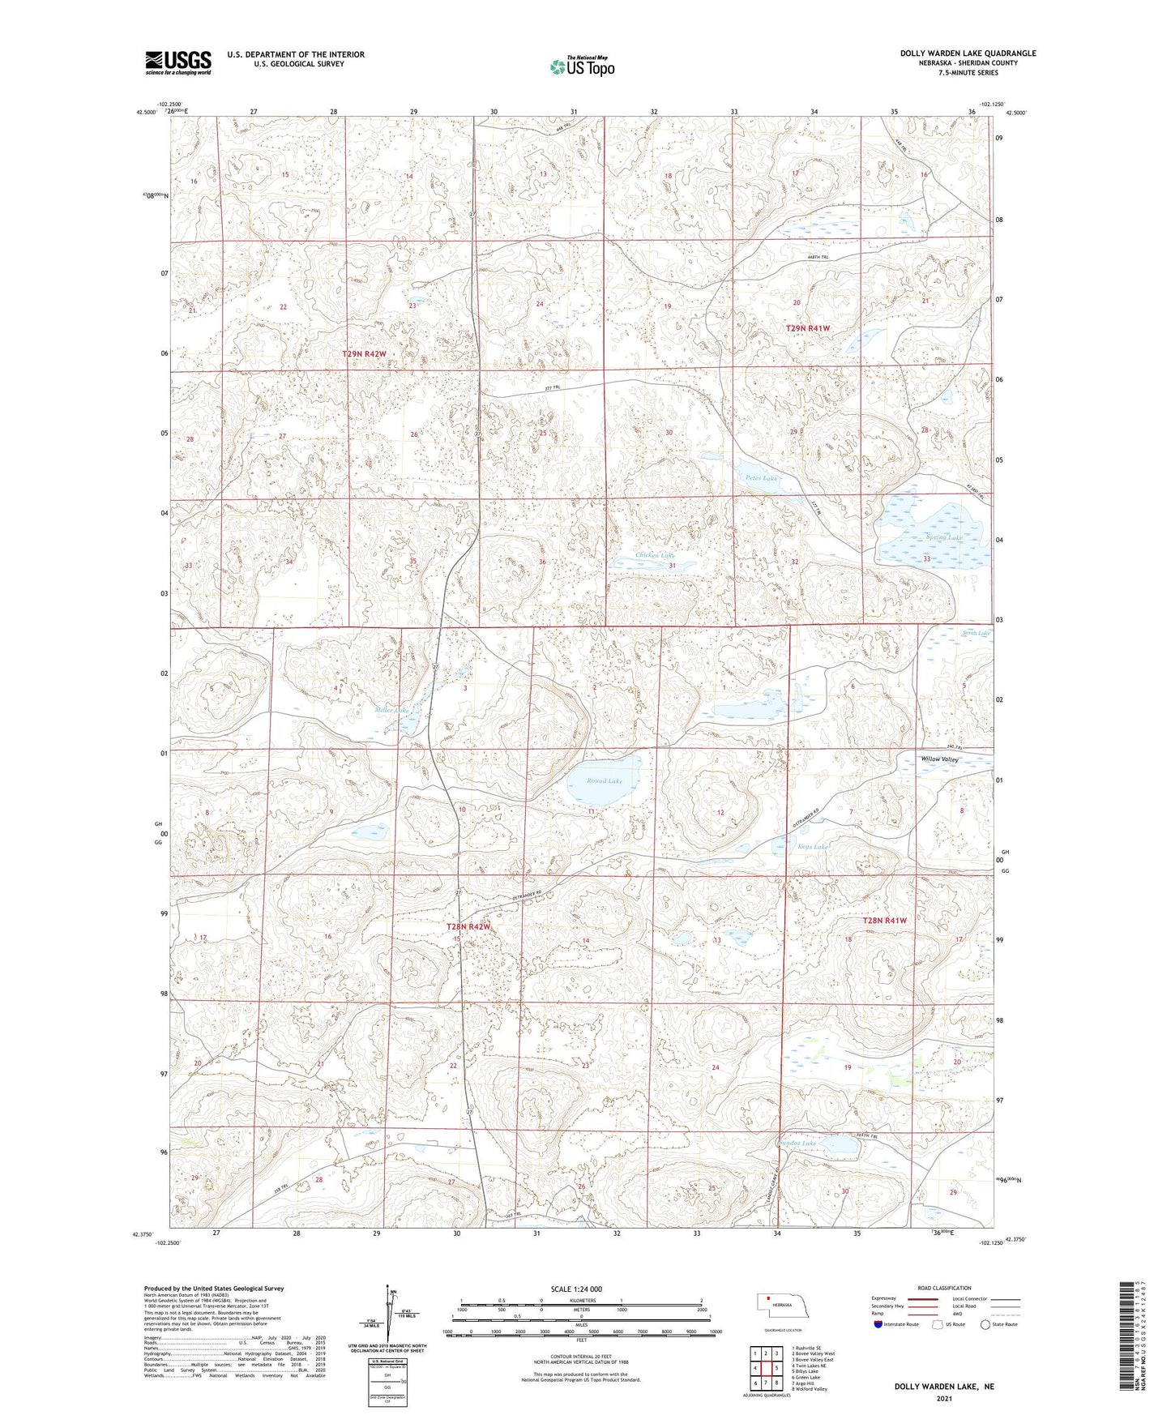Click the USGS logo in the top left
(178, 62)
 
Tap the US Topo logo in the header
(581, 66)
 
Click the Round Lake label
(605, 780)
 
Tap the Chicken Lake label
(655, 555)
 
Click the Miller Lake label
(391, 710)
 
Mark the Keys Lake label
(813, 847)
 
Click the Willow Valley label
(939, 759)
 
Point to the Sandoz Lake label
(797, 1144)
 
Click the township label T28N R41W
(884, 921)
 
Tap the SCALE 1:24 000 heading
(576, 1289)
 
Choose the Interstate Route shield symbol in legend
(878, 1324)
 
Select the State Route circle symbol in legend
(985, 1324)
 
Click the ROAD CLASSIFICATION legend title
(944, 1288)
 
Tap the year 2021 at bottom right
(943, 1399)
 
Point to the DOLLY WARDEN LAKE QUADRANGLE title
(968, 53)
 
